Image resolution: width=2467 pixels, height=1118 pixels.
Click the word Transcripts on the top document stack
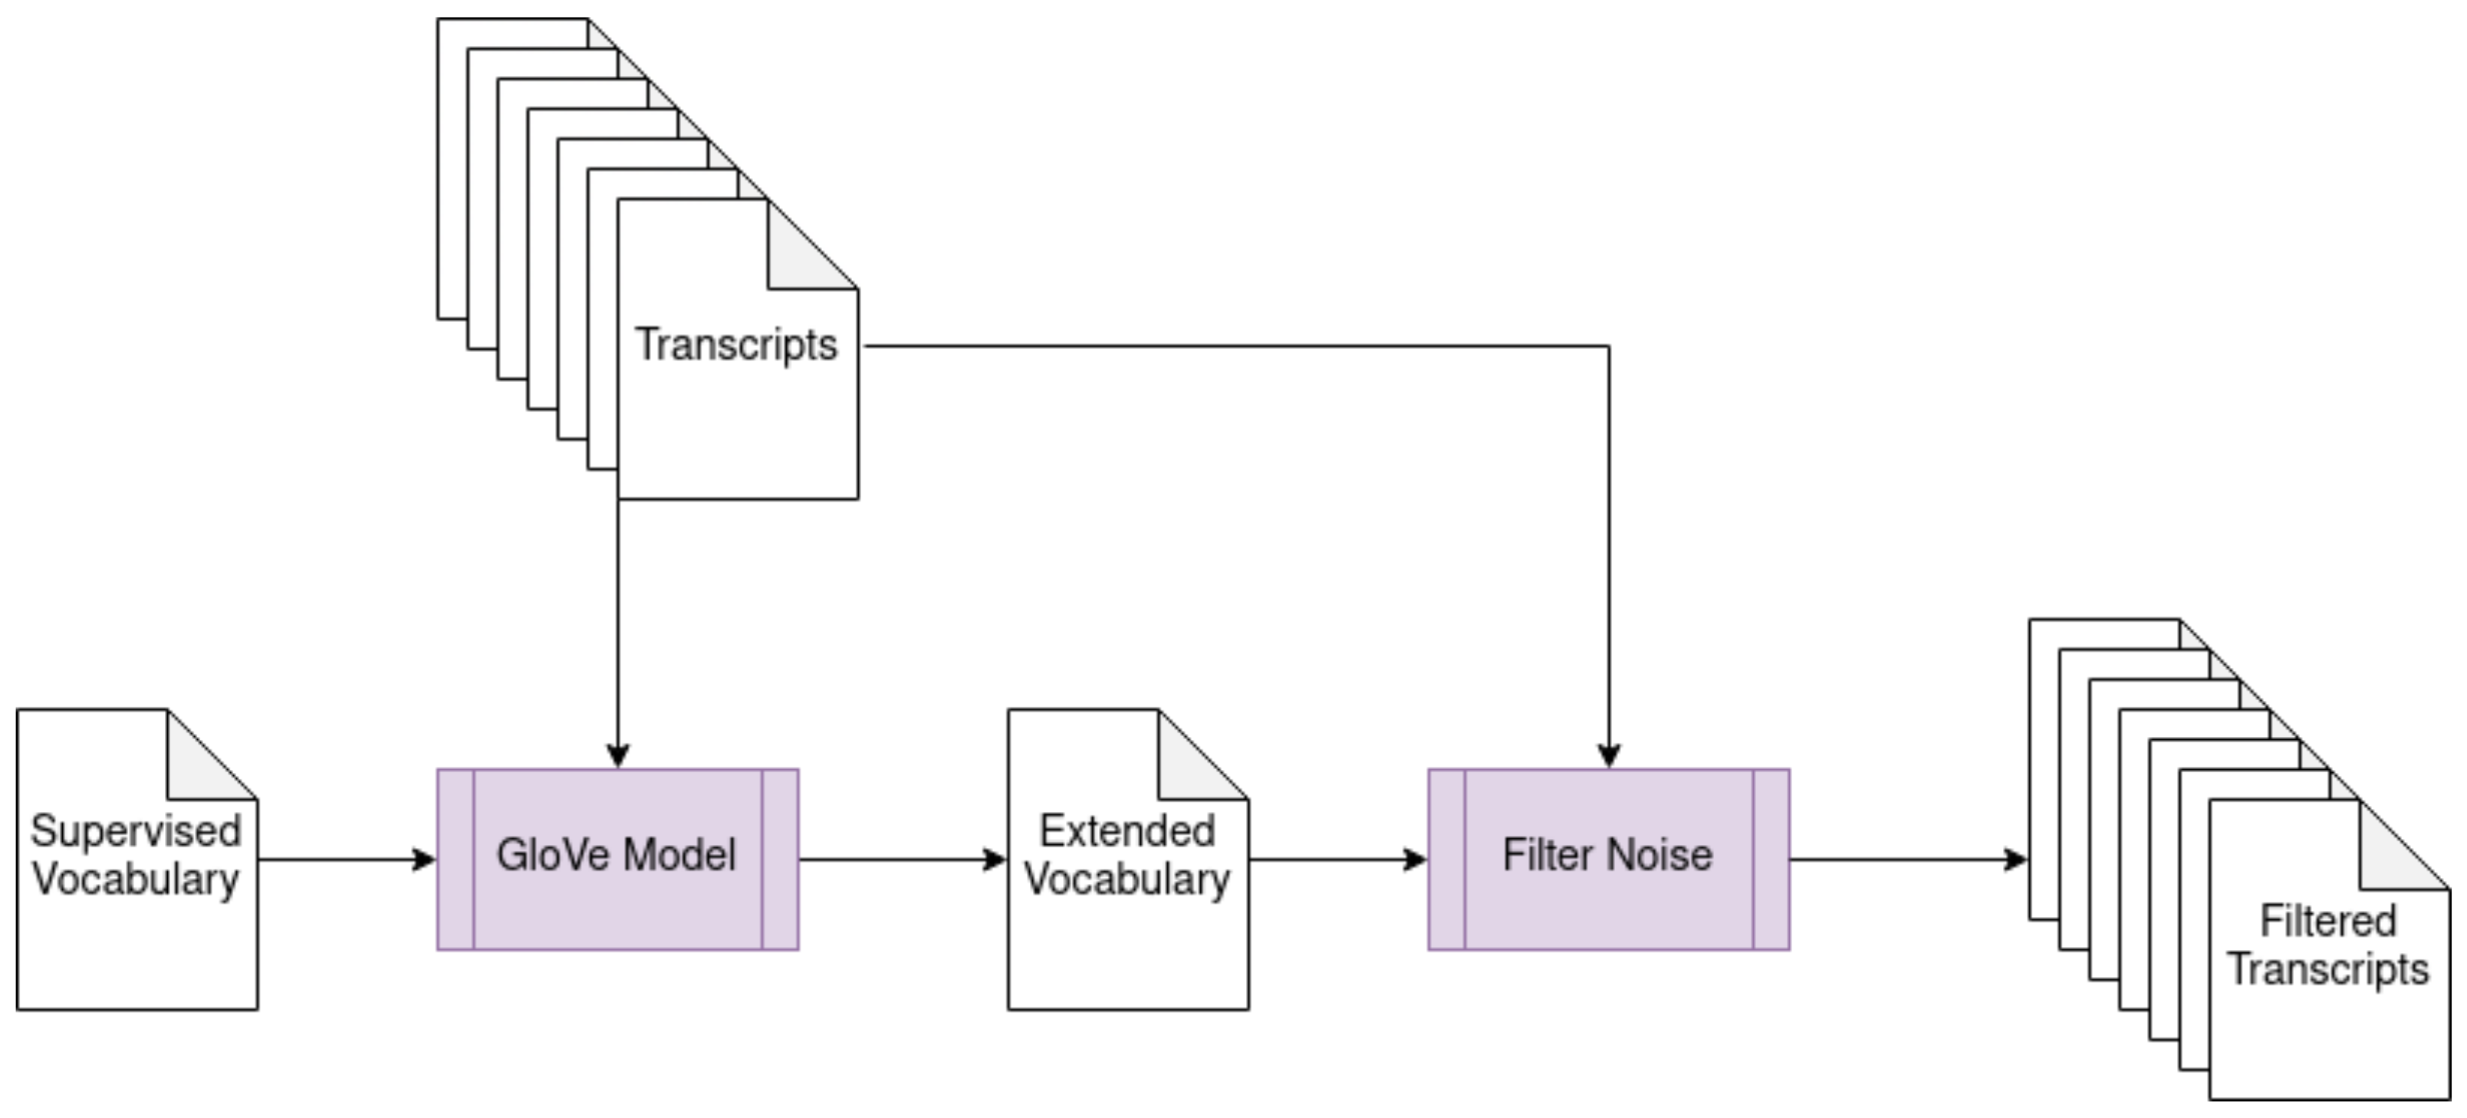pos(735,345)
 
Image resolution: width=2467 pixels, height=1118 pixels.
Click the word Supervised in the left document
pos(135,830)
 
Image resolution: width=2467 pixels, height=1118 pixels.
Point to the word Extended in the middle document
pos(1127,830)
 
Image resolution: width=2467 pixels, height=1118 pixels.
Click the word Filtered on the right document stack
pos(2327,921)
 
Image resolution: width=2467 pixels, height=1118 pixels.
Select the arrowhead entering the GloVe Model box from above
pos(617,756)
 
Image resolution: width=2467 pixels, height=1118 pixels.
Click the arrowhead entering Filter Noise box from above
pos(1609,756)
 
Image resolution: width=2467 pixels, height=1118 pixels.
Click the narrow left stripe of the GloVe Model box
pos(455,860)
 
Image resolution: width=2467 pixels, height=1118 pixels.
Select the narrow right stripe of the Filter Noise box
pos(1771,860)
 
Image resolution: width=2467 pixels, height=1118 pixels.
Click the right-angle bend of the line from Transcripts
pos(1609,346)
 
